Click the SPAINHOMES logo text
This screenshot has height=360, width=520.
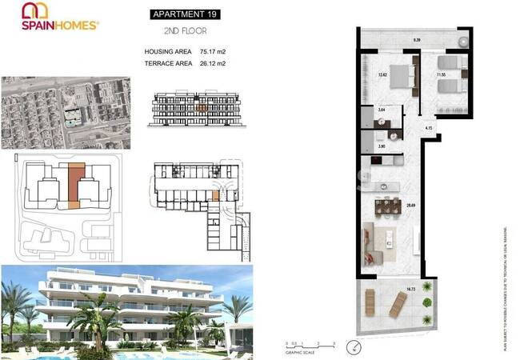[60, 25]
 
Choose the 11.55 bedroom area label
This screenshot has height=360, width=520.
[441, 75]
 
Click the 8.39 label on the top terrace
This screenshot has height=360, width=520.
[417, 39]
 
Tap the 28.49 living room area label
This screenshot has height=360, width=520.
[410, 206]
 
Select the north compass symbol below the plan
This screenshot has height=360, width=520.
[356, 346]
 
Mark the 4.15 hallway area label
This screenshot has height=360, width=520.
[429, 128]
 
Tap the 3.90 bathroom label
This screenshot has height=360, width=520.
[382, 146]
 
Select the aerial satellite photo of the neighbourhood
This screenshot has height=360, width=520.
[66, 110]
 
